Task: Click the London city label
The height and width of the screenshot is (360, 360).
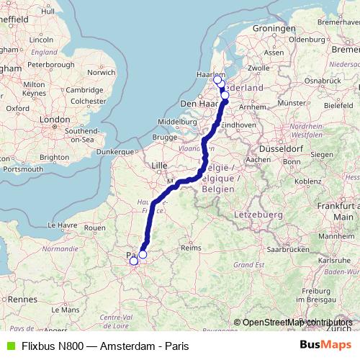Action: (55, 120)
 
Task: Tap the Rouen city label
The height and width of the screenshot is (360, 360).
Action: (95, 228)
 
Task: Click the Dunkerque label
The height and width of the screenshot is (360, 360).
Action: (116, 152)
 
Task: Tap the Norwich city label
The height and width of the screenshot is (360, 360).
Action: (100, 72)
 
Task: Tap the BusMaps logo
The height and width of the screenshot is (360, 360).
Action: (326, 345)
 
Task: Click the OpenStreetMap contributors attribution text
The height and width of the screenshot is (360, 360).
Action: (297, 323)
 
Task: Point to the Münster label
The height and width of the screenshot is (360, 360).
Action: (292, 103)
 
